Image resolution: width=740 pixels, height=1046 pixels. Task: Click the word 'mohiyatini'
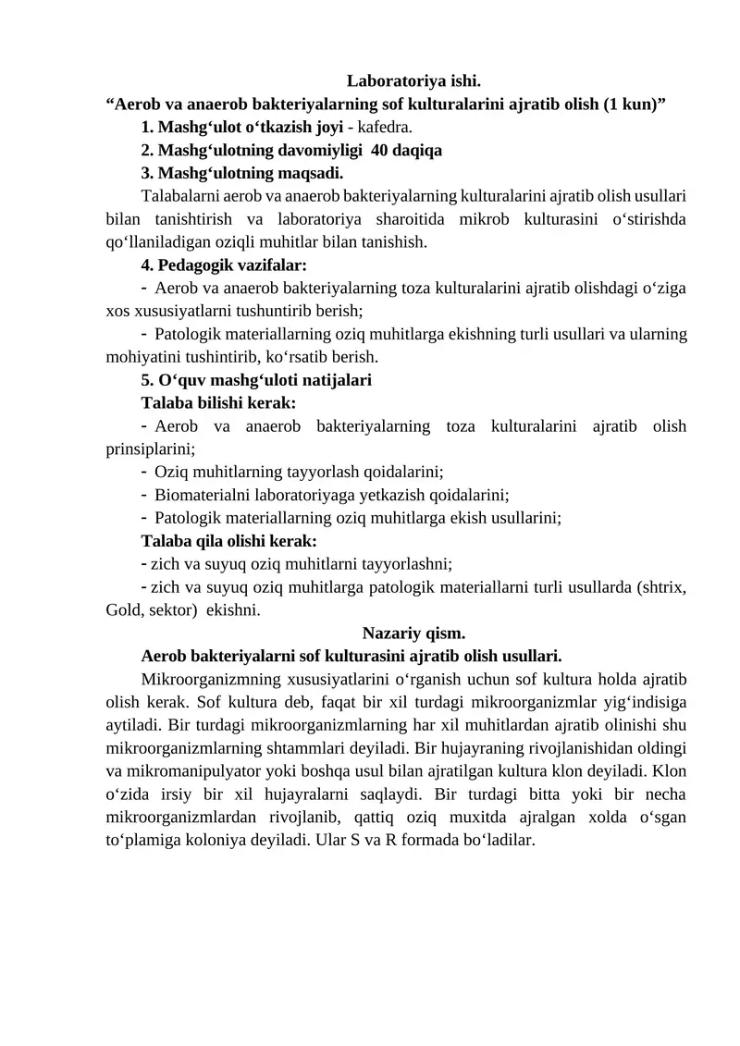click(x=142, y=356)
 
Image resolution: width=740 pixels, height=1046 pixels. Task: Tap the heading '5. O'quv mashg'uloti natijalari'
click(x=256, y=379)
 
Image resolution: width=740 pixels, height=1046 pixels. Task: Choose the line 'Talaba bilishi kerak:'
click(x=218, y=402)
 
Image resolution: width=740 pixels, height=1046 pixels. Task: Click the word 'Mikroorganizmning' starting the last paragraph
click(x=206, y=679)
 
